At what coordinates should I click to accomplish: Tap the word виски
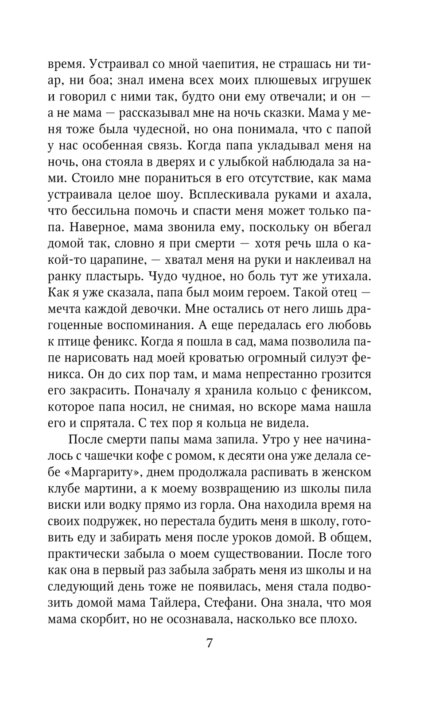point(64,505)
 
